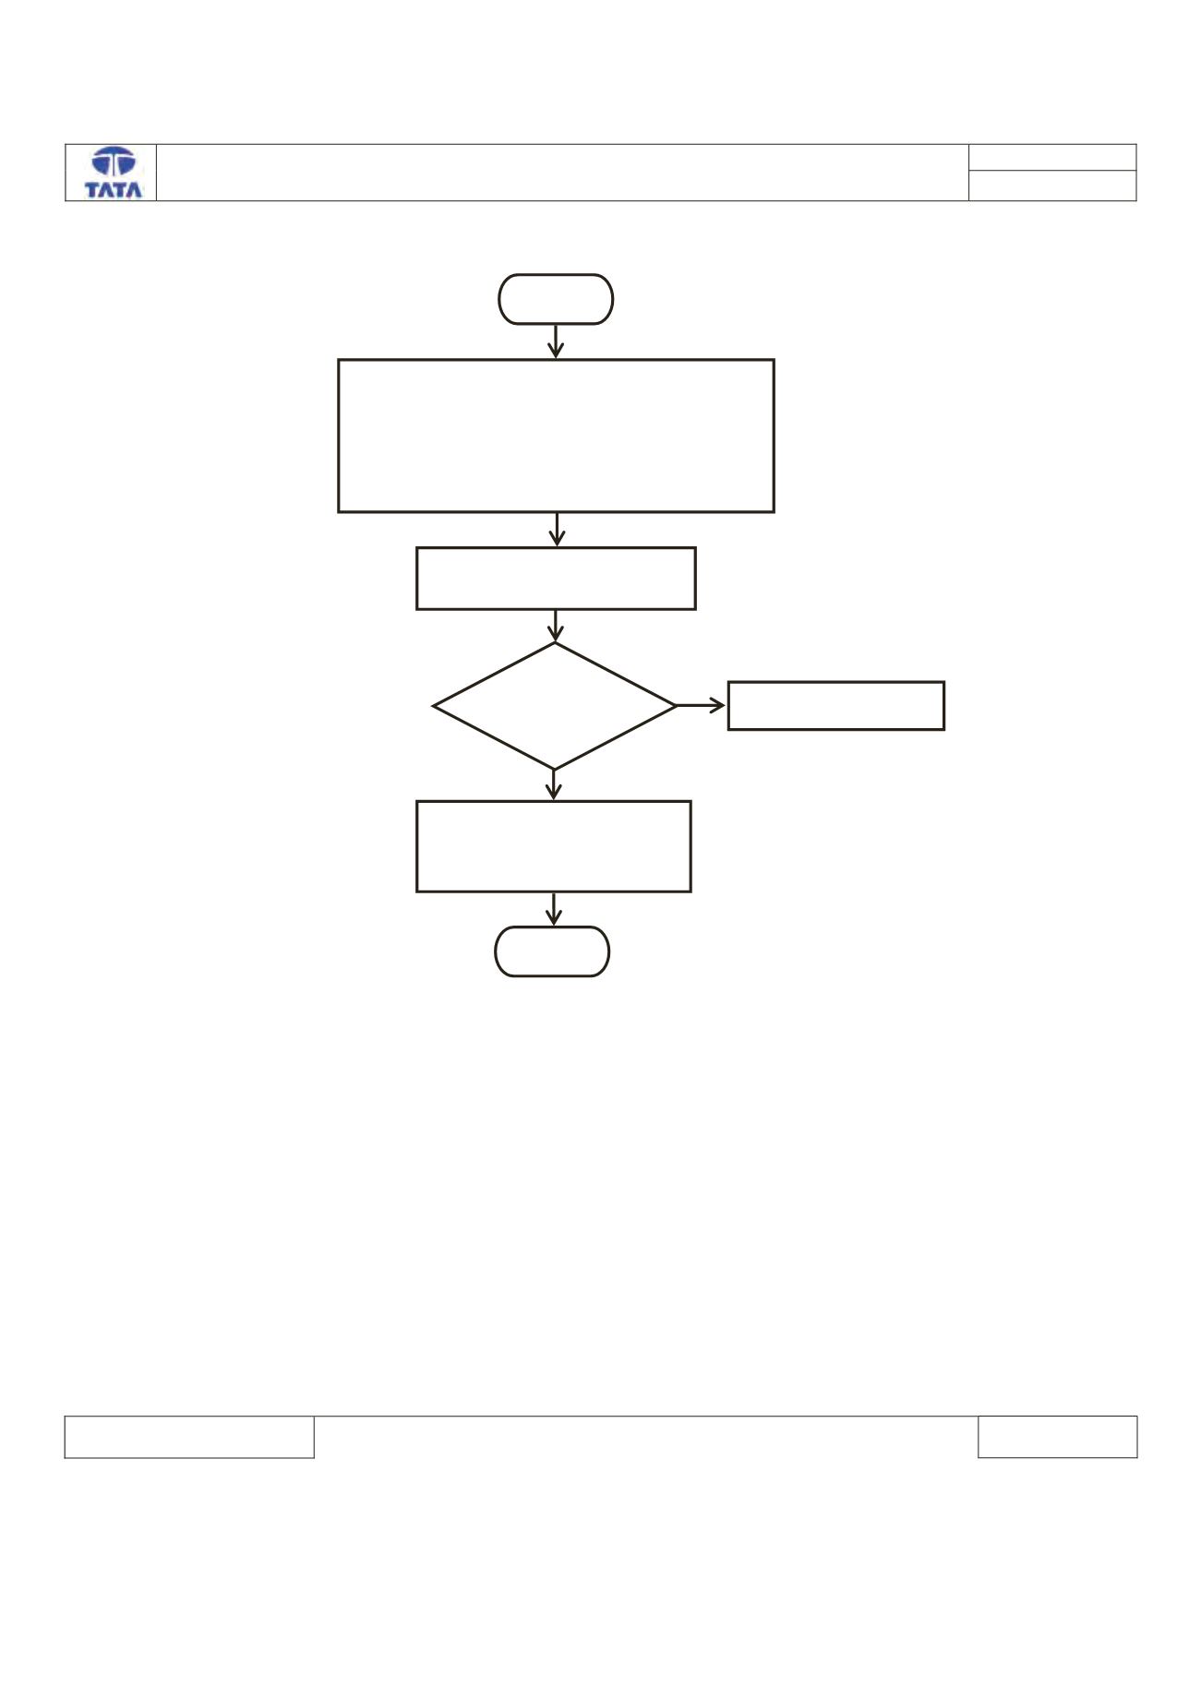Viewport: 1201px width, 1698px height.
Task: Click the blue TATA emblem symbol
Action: coord(114,162)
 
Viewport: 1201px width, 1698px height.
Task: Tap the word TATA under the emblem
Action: coord(114,189)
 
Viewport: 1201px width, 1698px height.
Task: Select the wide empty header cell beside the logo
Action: coord(562,173)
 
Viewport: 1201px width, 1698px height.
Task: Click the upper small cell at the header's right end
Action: coord(1052,157)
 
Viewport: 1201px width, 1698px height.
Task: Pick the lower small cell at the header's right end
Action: coord(1052,185)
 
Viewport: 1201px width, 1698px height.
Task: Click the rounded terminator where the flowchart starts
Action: coord(556,299)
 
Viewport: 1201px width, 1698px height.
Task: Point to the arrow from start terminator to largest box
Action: coord(556,341)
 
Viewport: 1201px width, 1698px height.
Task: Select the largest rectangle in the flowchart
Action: coord(556,436)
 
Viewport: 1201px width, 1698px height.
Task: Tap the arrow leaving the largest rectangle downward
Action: coord(556,530)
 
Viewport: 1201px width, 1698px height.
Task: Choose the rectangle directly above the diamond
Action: coord(556,579)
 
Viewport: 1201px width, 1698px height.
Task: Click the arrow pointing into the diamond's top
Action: coord(555,626)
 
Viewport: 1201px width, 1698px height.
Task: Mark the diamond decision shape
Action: coord(555,706)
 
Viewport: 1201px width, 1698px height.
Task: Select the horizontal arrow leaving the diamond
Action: coord(702,706)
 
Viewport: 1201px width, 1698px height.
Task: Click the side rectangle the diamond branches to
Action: coord(836,706)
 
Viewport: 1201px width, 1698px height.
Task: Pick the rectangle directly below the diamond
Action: coord(554,846)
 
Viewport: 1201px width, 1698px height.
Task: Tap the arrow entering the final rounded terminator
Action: coord(553,909)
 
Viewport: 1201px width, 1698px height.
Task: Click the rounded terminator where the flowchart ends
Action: coord(552,951)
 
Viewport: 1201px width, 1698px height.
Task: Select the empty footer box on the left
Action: coord(189,1437)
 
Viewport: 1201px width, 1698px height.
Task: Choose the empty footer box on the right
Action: coord(1058,1437)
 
